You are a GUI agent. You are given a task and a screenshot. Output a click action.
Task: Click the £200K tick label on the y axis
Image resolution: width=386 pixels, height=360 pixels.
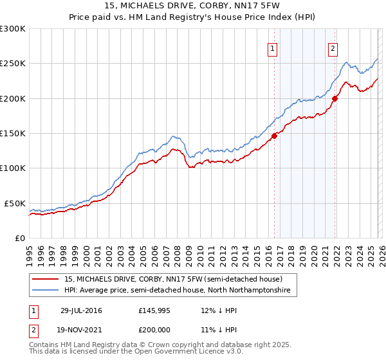pyautogui.click(x=13, y=98)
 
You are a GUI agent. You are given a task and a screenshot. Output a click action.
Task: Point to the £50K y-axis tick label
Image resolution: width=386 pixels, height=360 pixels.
pyautogui.click(x=15, y=203)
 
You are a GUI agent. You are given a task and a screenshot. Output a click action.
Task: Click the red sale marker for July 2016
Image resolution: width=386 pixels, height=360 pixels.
pyautogui.click(x=274, y=136)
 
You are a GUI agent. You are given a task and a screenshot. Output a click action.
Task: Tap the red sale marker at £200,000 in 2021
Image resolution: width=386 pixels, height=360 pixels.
pyautogui.click(x=335, y=98)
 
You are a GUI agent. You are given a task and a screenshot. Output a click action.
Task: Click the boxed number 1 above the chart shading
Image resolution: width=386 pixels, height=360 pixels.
pyautogui.click(x=273, y=48)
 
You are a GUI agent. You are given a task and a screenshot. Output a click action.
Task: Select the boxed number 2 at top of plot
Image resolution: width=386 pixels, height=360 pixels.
pyautogui.click(x=333, y=48)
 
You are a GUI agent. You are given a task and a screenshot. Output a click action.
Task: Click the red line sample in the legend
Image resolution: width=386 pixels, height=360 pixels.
pyautogui.click(x=46, y=279)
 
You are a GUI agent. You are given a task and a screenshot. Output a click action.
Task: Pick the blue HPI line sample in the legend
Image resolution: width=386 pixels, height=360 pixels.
pyautogui.click(x=46, y=291)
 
